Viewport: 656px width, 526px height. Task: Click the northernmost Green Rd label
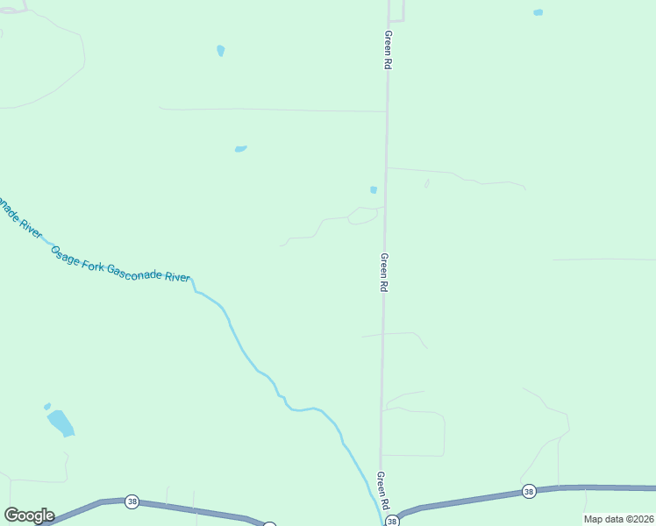pyautogui.click(x=387, y=50)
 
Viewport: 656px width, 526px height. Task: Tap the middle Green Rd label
pyautogui.click(x=383, y=272)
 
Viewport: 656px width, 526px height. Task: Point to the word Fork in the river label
pyautogui.click(x=92, y=263)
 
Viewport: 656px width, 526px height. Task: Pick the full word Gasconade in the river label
pyautogui.click(x=137, y=272)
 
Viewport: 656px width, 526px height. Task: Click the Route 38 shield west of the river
pyautogui.click(x=132, y=501)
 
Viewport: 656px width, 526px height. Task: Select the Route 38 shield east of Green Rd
pyautogui.click(x=528, y=492)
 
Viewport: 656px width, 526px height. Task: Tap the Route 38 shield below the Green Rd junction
pyautogui.click(x=392, y=521)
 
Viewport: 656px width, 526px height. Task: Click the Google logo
pyautogui.click(x=29, y=515)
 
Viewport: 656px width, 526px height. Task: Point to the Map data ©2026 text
pyautogui.click(x=617, y=519)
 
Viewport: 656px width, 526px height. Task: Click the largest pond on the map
pyautogui.click(x=61, y=423)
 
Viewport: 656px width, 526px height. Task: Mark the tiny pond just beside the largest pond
pyautogui.click(x=47, y=407)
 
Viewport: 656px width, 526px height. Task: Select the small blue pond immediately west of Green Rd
pyautogui.click(x=374, y=189)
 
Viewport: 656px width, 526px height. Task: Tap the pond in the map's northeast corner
pyautogui.click(x=538, y=12)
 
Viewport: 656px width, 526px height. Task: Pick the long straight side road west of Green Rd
pyautogui.click(x=272, y=110)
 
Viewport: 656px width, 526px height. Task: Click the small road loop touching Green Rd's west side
pyautogui.click(x=365, y=216)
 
